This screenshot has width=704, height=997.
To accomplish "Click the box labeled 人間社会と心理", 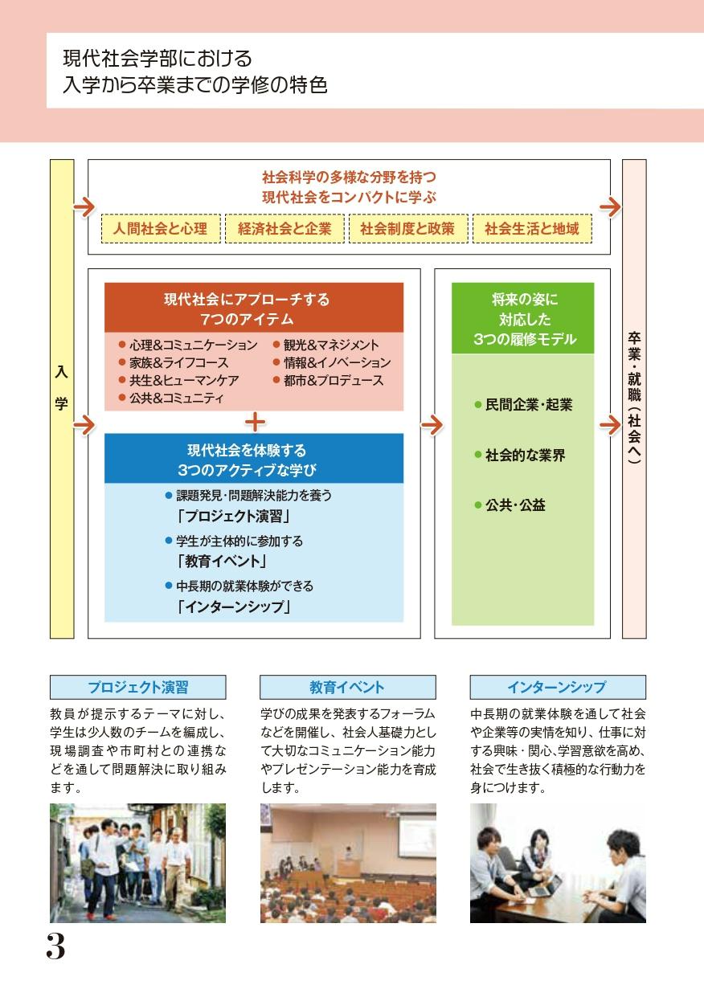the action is pyautogui.click(x=161, y=229).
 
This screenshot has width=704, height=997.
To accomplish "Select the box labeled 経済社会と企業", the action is pyautogui.click(x=284, y=229).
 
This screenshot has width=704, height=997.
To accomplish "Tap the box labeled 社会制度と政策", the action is pyautogui.click(x=408, y=229).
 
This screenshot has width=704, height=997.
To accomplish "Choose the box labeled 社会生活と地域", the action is pyautogui.click(x=532, y=229).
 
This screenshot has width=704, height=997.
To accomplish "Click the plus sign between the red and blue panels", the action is pyautogui.click(x=255, y=422).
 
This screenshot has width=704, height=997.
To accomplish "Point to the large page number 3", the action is pyautogui.click(x=55, y=946).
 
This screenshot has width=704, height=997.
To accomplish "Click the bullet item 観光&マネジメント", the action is pyautogui.click(x=326, y=345).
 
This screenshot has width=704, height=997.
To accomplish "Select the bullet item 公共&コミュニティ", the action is pyautogui.click(x=171, y=398).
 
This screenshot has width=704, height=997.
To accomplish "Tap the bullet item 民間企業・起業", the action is pyautogui.click(x=524, y=405).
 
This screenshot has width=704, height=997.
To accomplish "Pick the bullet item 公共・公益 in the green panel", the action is pyautogui.click(x=510, y=505).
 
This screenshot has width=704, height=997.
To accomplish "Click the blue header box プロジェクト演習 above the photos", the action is pyautogui.click(x=138, y=687).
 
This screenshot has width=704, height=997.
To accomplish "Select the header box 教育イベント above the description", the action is pyautogui.click(x=348, y=687).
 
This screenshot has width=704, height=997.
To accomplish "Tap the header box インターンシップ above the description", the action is pyautogui.click(x=558, y=687).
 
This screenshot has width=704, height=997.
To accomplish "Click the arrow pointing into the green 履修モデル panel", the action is pyautogui.click(x=432, y=426).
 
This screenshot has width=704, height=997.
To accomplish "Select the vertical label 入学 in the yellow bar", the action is pyautogui.click(x=61, y=388).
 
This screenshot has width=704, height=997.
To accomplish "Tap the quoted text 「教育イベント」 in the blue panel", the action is pyautogui.click(x=221, y=561).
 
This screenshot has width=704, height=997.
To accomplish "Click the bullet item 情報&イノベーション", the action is pyautogui.click(x=332, y=363).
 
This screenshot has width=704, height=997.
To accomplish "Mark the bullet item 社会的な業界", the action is pyautogui.click(x=520, y=456).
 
